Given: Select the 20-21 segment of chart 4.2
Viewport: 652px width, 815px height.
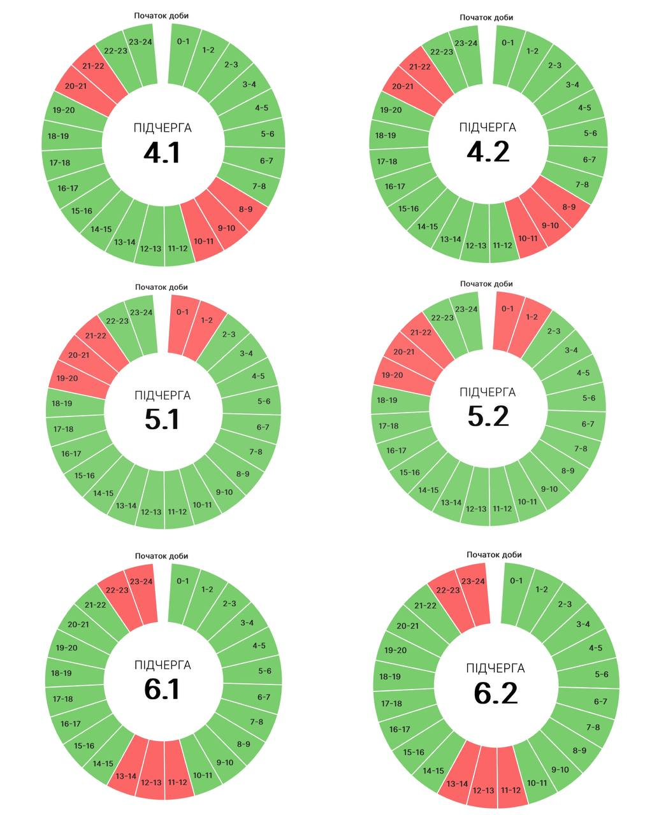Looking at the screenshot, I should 403,87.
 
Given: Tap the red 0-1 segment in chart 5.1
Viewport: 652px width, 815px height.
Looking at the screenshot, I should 183,312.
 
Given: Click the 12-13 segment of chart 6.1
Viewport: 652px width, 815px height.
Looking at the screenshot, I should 151,782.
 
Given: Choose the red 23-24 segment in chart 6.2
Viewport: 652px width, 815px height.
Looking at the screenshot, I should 473,581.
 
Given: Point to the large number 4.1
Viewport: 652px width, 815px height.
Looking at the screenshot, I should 162,153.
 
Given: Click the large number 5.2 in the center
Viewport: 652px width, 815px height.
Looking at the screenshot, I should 488,416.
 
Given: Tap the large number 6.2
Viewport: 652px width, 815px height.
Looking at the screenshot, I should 496,693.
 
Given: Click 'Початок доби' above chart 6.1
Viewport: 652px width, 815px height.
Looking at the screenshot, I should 161,556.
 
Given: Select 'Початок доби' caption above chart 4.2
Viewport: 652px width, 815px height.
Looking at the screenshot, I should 486,17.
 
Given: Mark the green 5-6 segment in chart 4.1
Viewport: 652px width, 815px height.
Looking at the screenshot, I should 267,134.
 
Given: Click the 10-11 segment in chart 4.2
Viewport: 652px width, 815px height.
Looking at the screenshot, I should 528,239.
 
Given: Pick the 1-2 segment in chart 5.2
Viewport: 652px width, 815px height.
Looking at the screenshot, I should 532,317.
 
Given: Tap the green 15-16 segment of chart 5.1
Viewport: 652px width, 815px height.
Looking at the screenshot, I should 84,475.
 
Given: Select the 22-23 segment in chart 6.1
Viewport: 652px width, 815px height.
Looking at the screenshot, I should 117,590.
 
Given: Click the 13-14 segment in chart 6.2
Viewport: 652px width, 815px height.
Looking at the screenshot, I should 457,784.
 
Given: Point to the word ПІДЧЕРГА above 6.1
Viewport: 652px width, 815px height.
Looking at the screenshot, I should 163,665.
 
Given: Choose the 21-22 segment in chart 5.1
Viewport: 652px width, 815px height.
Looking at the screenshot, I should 96,336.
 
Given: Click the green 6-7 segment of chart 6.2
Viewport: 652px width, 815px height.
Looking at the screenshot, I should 600,702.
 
